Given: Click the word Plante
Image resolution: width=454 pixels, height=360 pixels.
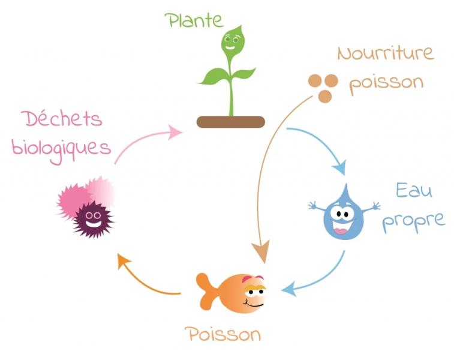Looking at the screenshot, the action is pyautogui.click(x=194, y=20).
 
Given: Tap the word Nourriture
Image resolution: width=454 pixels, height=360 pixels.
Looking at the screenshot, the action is pyautogui.click(x=386, y=54).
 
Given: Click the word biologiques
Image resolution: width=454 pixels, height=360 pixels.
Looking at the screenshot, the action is pyautogui.click(x=61, y=149).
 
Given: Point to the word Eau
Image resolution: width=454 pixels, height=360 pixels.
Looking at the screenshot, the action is pyautogui.click(x=414, y=191).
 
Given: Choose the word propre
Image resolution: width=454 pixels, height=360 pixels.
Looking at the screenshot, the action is pyautogui.click(x=413, y=221).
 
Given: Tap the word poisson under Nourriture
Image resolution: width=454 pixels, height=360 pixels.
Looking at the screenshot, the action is pyautogui.click(x=387, y=83).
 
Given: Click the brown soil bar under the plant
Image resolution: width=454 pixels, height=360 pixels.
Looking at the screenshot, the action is pyautogui.click(x=231, y=122).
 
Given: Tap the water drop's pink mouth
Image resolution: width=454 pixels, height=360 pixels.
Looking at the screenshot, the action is pyautogui.click(x=342, y=231).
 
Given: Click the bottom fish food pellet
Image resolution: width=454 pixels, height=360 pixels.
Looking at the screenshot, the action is pyautogui.click(x=325, y=97).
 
